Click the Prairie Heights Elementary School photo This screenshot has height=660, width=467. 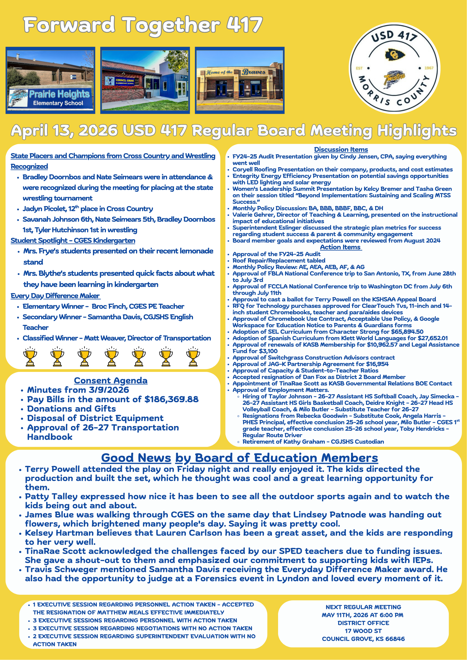click(x=50, y=80)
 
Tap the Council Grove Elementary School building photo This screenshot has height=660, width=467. click(x=145, y=80)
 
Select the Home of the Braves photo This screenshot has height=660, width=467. click(x=240, y=80)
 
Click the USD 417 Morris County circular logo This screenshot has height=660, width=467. click(x=394, y=68)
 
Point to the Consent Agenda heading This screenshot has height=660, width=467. click(x=111, y=380)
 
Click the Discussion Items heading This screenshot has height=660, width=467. click(x=341, y=149)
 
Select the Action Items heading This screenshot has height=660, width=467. click(x=340, y=247)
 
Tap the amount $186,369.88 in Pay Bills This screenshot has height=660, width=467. click(x=171, y=399)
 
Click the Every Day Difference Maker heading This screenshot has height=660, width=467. click(x=55, y=296)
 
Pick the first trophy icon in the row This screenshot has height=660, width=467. click(x=30, y=356)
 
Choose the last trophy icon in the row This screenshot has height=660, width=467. click(x=193, y=356)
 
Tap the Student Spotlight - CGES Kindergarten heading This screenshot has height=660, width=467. click(x=73, y=240)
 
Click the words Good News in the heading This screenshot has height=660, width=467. click(x=136, y=458)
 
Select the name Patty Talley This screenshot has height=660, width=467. click(x=51, y=497)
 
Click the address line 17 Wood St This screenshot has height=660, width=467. click(x=363, y=631)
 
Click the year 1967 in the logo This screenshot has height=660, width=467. click(x=429, y=68)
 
